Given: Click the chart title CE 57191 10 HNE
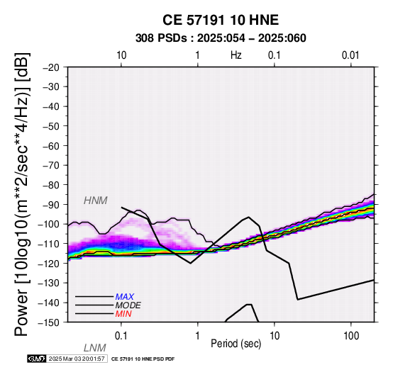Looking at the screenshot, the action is coord(221,20).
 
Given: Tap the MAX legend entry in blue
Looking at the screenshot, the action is coord(125,297).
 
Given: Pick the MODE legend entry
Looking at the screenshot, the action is coord(128,305).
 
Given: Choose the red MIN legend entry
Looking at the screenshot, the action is coord(123,314).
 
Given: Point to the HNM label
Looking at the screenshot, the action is coord(96,201).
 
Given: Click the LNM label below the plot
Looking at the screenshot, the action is coord(95,348).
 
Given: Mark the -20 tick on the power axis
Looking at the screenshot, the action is coord(51,67).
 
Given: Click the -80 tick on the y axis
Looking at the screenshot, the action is coord(51,185).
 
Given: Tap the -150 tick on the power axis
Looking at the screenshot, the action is coord(49,322).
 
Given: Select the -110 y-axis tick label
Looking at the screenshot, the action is coord(49,244).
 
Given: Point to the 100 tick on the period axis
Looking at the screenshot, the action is coord(351,336).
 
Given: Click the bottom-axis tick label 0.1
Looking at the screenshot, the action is coord(121,336).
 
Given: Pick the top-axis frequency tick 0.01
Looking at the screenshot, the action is coord(350,55).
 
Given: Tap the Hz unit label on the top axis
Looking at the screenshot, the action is coord(236,55).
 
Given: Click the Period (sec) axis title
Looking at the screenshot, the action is coord(236,344).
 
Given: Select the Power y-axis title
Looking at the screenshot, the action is coord(22,194).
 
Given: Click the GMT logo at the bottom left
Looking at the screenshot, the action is coord(37,359).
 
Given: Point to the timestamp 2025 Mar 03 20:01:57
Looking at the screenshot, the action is coord(77,359).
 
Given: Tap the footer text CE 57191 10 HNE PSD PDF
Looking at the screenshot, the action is coord(143,359).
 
